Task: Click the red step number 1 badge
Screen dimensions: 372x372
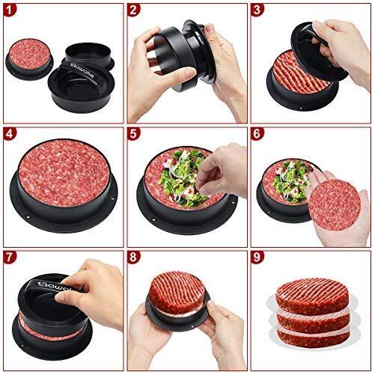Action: [10, 10]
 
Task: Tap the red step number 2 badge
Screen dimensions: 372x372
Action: [134, 10]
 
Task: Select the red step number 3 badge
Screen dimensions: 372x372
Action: [257, 10]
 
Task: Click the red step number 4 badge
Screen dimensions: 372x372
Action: [10, 135]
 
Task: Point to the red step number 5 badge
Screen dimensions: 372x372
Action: [134, 135]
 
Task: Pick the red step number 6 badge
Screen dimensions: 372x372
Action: [257, 135]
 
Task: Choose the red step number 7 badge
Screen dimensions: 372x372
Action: [10, 258]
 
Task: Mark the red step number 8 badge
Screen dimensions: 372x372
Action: [134, 258]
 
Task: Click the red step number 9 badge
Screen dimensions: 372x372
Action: [257, 258]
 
